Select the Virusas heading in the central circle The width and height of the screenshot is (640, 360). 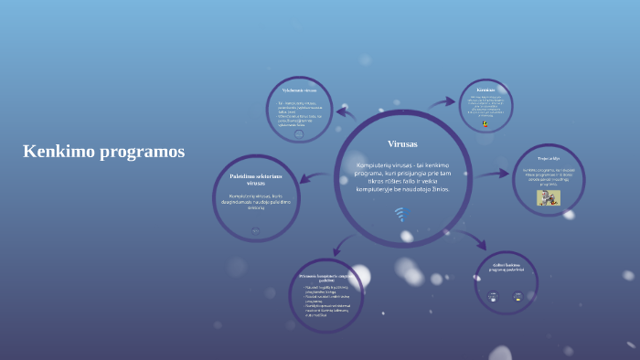tap(402, 144)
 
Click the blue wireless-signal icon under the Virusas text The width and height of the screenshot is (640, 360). tap(400, 214)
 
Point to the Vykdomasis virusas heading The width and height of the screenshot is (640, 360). tap(299, 91)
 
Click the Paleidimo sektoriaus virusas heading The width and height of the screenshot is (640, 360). tap(256, 179)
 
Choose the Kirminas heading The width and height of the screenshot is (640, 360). tap(485, 90)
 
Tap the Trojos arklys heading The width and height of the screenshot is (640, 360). tap(549, 157)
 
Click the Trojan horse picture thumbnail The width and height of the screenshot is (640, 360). tap(549, 197)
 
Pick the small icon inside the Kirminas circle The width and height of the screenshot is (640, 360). tap(485, 124)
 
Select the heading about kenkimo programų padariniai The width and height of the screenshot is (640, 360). tap(506, 269)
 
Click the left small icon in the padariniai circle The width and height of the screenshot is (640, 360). tap(494, 295)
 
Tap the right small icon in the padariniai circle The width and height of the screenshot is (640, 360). tap(517, 295)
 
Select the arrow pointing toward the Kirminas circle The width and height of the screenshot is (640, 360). tap(443, 102)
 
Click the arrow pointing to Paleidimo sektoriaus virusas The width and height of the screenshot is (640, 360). tap(315, 177)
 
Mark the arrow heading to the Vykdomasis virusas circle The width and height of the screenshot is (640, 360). tap(345, 111)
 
